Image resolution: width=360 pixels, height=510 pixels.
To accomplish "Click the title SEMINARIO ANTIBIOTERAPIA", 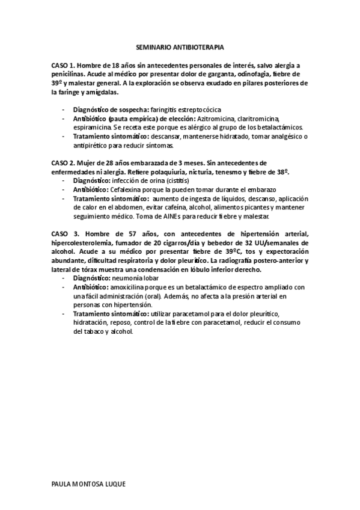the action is [x=180, y=46].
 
